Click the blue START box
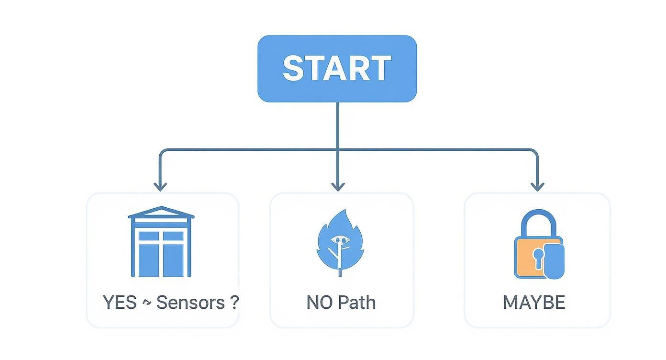337,68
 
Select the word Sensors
190,303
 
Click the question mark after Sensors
233,303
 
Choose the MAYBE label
534,303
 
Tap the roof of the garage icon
161,212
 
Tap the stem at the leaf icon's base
340,271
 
